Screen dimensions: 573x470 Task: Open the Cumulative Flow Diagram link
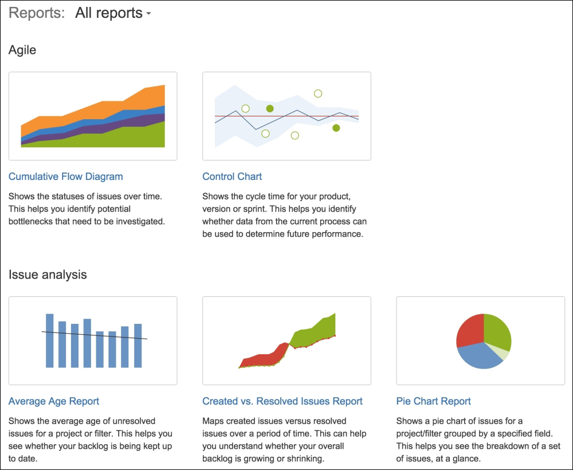[x=66, y=177]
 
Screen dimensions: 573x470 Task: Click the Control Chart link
[x=232, y=177]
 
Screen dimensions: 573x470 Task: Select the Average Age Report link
[x=54, y=401]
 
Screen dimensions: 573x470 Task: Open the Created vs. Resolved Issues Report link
[x=282, y=401]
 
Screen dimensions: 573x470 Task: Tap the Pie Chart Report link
[x=433, y=401]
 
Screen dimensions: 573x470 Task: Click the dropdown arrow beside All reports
[x=148, y=14]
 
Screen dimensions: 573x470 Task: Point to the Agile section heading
[x=22, y=50]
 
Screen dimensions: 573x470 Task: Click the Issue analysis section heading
[x=48, y=275]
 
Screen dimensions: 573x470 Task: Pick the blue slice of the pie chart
[x=478, y=357]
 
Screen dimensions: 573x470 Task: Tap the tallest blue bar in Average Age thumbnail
[x=50, y=340]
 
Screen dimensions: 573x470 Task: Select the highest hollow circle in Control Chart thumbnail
[x=318, y=93]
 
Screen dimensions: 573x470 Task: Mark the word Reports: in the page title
[x=37, y=13]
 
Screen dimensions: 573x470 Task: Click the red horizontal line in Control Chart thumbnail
[x=287, y=116]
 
